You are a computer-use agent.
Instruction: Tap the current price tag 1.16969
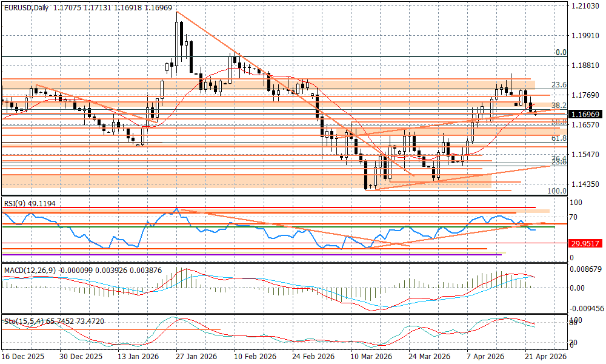coord(585,113)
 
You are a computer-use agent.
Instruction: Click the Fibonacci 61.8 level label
coord(558,138)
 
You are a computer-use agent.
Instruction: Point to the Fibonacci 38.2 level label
coord(558,104)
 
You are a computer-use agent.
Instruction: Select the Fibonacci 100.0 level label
coord(556,190)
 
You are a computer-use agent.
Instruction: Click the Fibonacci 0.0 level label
coord(561,53)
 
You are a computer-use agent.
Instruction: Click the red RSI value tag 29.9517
coord(585,243)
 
